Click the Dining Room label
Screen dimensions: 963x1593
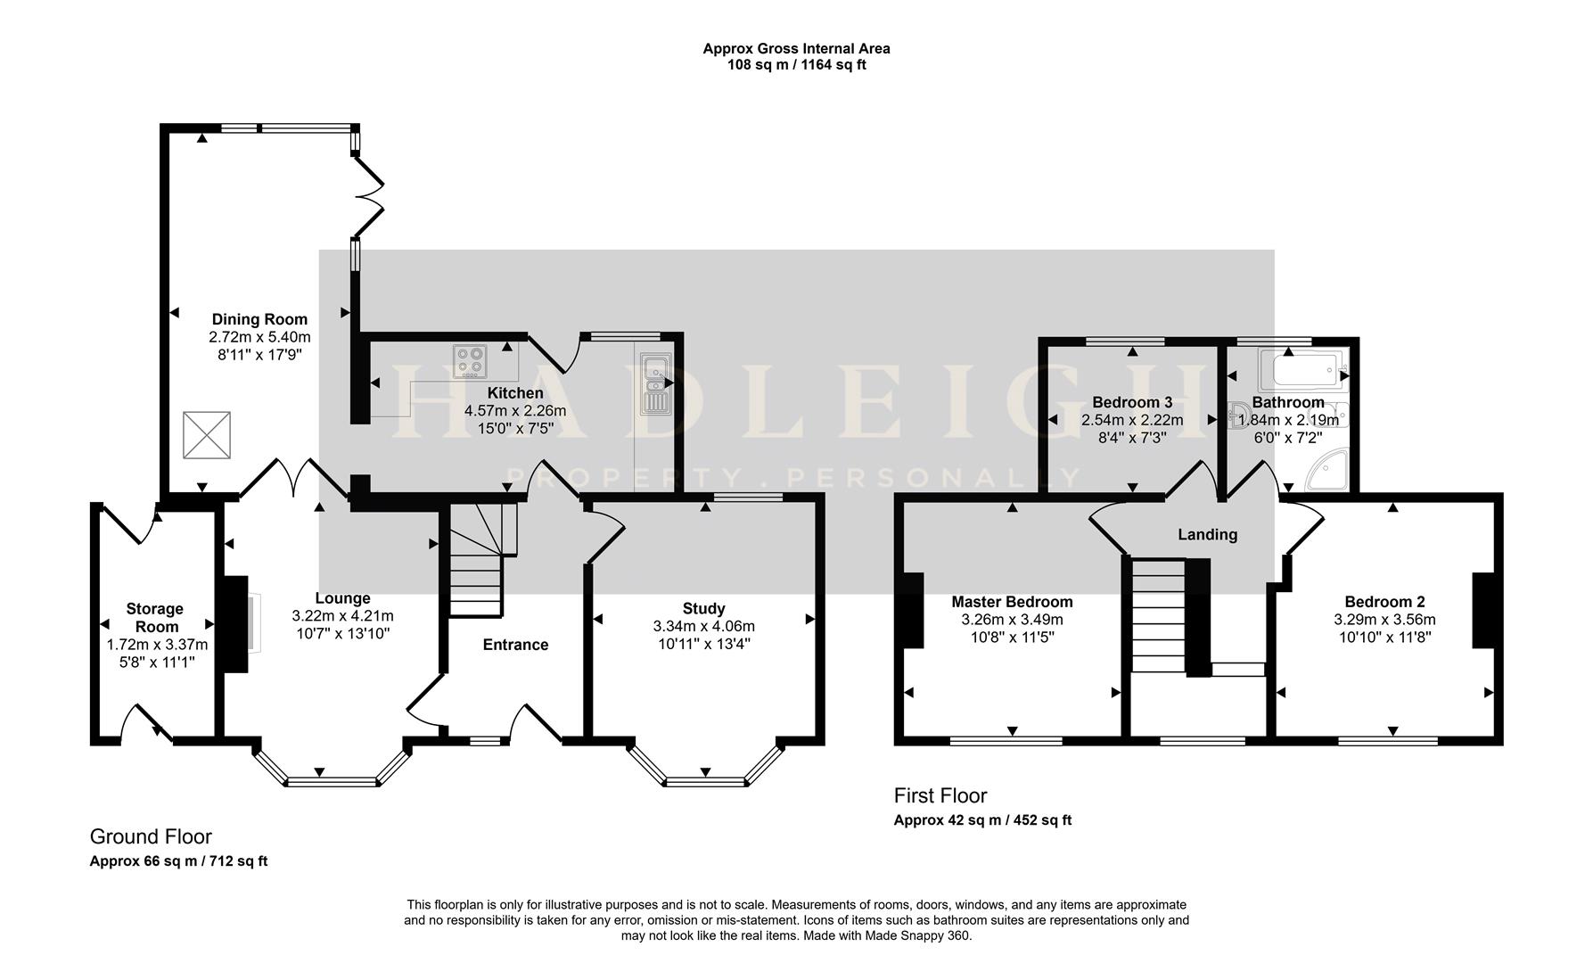[259, 319]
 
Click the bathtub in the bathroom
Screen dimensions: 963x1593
[1301, 367]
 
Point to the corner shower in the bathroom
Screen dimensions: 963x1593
[1327, 472]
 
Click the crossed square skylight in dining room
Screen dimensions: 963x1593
[207, 435]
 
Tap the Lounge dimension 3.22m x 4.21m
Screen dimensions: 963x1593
[342, 616]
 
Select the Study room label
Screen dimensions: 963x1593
[703, 608]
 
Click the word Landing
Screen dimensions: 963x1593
[1207, 534]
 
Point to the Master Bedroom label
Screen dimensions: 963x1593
[1012, 602]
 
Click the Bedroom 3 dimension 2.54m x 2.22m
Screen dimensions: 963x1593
[1132, 420]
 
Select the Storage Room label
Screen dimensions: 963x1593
[155, 617]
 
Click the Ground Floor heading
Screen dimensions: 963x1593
[151, 836]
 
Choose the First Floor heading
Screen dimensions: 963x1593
[940, 795]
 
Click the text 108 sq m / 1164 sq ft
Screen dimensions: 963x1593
[796, 65]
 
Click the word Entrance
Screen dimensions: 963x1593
[515, 645]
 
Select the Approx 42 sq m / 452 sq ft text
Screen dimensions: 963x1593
[982, 820]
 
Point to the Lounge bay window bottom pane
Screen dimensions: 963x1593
[332, 782]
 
